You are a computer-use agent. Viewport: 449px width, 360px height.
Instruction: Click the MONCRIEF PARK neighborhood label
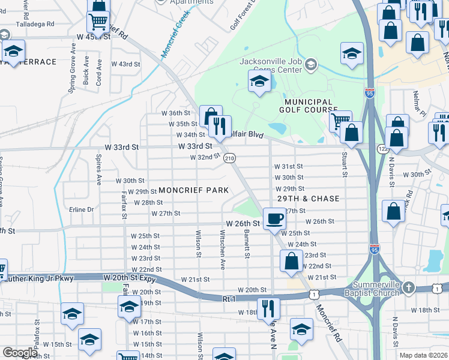(x=194, y=190)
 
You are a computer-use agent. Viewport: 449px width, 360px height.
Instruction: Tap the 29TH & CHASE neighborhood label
(x=308, y=199)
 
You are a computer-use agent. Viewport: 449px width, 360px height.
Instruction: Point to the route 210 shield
(x=229, y=158)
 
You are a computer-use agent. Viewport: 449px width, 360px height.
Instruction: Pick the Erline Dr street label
(x=82, y=209)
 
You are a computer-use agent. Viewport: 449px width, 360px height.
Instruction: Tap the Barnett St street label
(x=247, y=247)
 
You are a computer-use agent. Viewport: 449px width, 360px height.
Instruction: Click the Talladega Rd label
(x=35, y=25)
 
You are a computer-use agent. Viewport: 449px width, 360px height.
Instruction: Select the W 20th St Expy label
(x=129, y=278)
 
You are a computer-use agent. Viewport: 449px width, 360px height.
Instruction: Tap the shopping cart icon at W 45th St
(x=98, y=23)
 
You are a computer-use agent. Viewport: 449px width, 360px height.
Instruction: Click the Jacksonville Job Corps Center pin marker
(x=310, y=64)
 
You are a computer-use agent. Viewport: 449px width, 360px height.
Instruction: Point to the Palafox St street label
(x=37, y=334)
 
